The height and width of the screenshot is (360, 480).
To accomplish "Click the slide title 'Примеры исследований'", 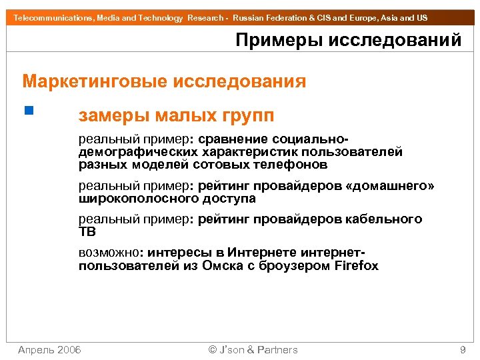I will pos(348,40).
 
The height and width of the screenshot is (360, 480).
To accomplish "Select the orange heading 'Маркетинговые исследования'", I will pos(164,82).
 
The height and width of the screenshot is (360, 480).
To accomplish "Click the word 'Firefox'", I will pos(357,266).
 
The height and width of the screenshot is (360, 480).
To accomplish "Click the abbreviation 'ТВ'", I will pos(87,232).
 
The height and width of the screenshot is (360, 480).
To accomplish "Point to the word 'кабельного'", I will pos(387,219).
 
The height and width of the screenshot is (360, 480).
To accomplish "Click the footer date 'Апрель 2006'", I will pos(49,349).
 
